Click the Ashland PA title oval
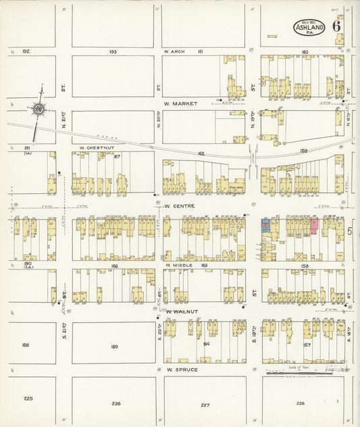point(309,27)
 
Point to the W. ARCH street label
point(174,51)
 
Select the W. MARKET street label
point(180,104)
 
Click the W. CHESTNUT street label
point(94,147)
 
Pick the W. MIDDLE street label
point(178,266)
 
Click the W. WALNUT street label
point(180,311)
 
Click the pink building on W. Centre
point(314,226)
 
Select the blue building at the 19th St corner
point(266,224)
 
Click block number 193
point(113,51)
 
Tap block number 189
point(113,346)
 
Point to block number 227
point(205,404)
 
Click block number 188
point(26,345)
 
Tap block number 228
point(300,404)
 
